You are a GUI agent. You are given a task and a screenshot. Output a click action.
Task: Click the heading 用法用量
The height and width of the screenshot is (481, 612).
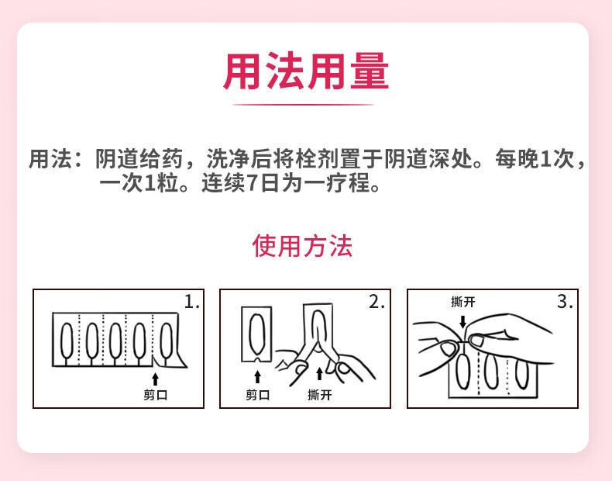306,71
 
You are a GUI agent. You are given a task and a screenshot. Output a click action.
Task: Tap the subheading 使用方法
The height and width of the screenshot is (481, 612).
302,245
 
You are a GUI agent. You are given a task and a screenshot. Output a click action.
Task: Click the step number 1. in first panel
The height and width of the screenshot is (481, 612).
191,302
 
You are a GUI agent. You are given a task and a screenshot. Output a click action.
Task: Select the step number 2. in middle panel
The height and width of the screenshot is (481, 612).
376,302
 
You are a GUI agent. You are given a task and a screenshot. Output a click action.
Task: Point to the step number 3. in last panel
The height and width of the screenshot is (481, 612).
565,302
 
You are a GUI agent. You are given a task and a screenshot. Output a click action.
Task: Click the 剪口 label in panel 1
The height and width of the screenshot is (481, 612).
155,395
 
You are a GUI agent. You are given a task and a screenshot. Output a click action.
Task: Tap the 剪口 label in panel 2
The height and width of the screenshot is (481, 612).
257,395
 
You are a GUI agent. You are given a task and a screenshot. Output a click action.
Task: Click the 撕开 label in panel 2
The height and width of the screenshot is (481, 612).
319,395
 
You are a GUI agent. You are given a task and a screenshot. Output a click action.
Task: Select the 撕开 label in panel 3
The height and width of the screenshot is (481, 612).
462,302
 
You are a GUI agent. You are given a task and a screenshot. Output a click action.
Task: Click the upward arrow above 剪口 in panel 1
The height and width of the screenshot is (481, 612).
155,379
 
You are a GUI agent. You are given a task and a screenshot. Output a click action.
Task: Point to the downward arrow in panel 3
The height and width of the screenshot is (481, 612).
462,320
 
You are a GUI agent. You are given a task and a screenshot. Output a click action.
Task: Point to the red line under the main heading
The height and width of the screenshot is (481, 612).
304,104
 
